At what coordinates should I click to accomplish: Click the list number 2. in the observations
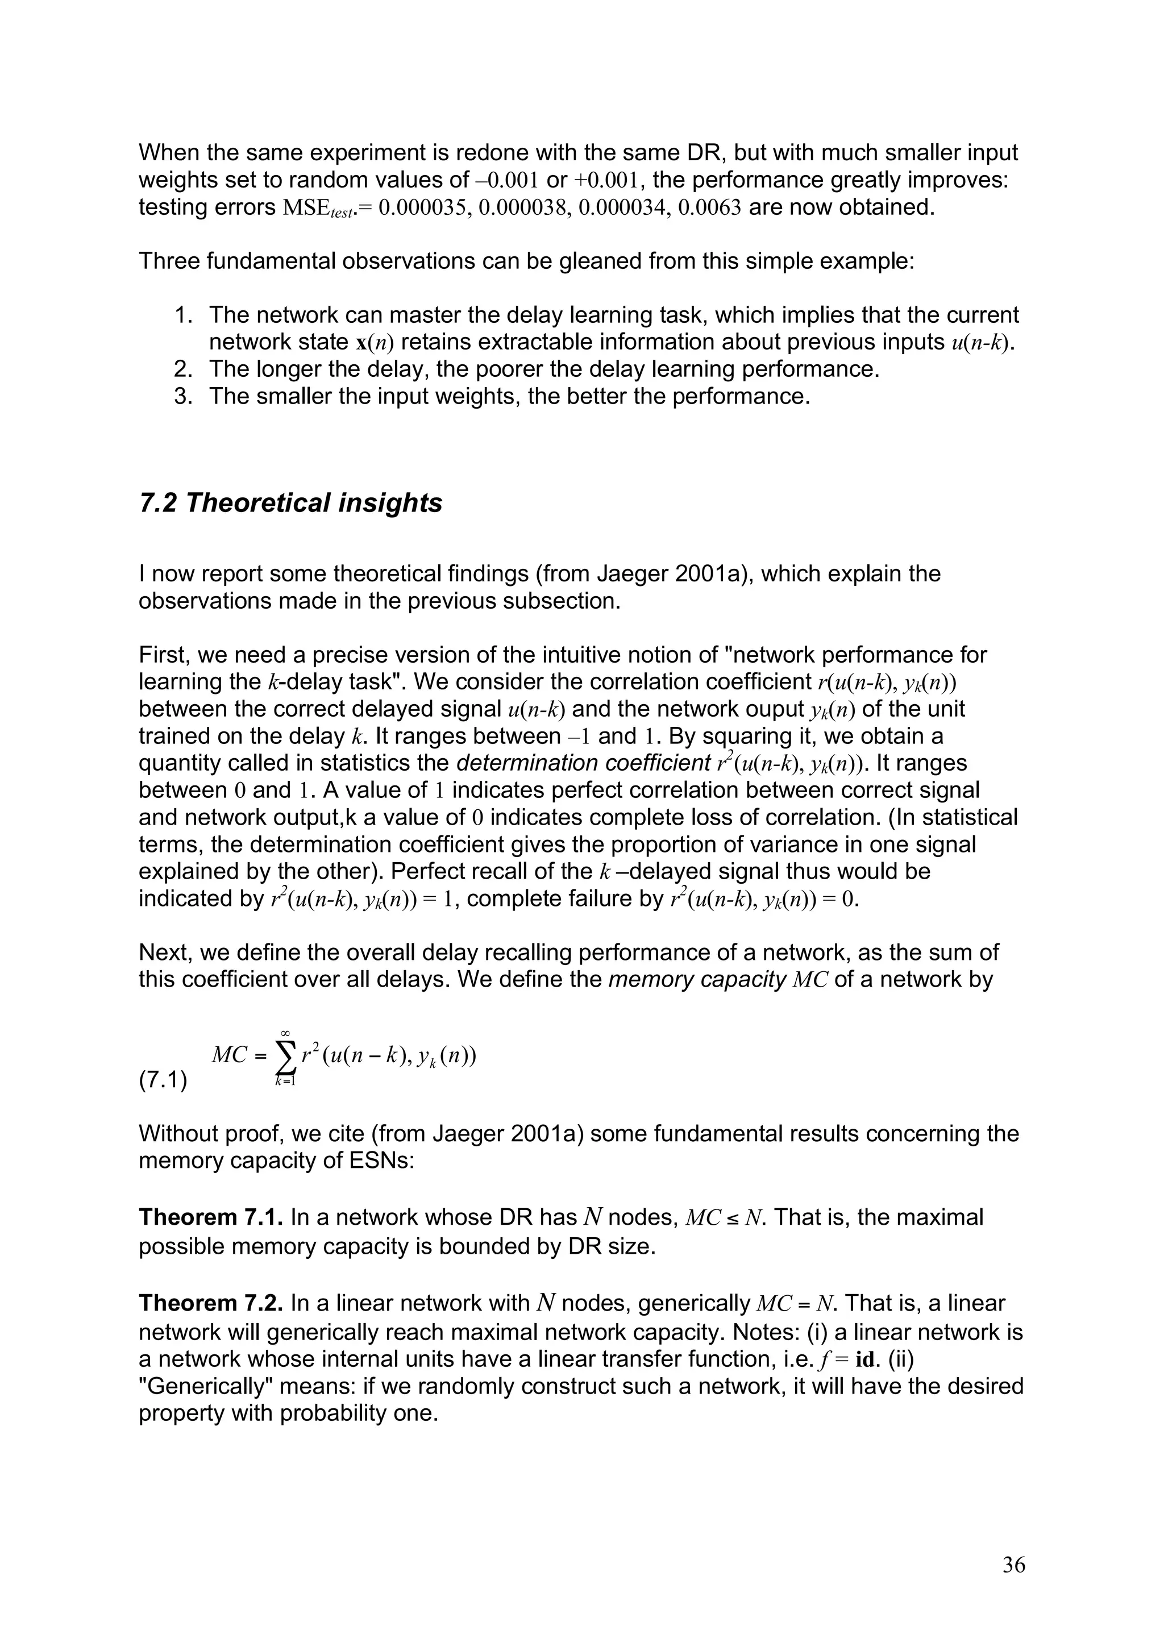click(184, 369)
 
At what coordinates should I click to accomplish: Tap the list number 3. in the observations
click(184, 397)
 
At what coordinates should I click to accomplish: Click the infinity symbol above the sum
click(285, 1032)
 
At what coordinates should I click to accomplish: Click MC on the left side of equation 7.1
click(229, 1055)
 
